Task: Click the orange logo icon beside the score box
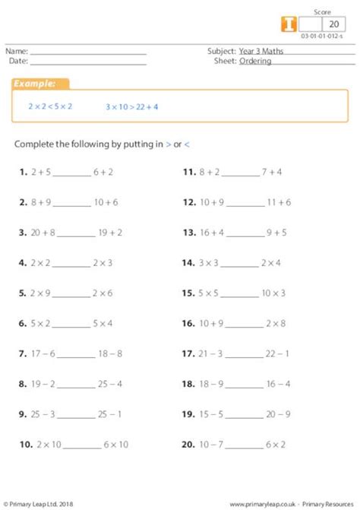coord(289,24)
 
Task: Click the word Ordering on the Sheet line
coord(254,62)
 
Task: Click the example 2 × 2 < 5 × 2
coord(50,106)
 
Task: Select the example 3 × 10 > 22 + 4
coord(132,107)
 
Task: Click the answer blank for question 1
coord(72,174)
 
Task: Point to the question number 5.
coord(23,293)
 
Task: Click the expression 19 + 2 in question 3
coord(110,233)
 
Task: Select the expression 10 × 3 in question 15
coord(273,293)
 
